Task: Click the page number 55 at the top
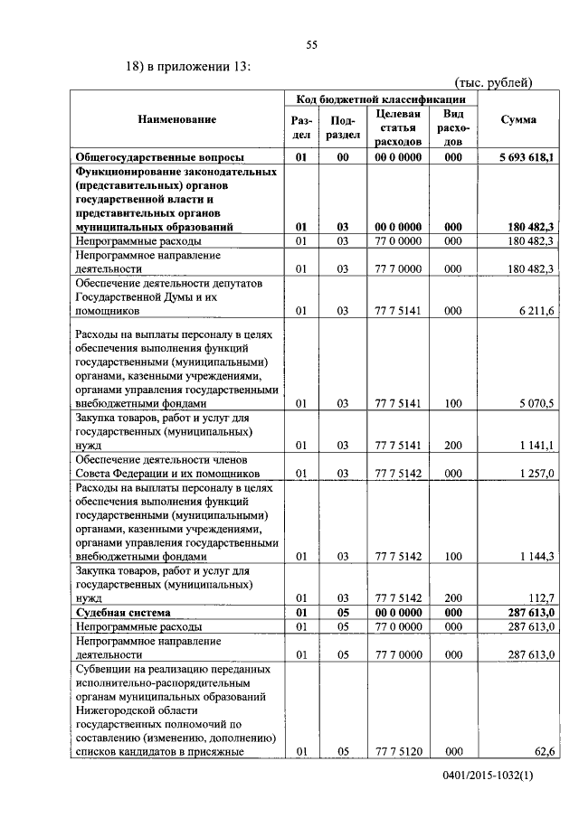[x=311, y=45]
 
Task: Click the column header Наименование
[x=177, y=119]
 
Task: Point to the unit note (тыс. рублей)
[x=493, y=82]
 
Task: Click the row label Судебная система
[x=120, y=613]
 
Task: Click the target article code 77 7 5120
[x=398, y=750]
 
